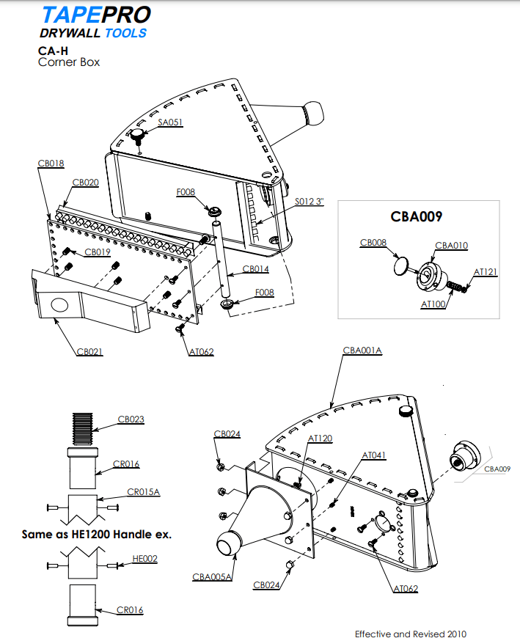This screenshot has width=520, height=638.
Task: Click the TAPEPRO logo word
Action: (x=96, y=15)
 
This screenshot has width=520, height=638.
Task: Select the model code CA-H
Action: (x=53, y=51)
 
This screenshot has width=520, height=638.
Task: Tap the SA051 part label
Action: (x=170, y=122)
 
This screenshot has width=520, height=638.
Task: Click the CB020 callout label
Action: (x=85, y=182)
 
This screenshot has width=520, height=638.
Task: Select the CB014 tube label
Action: (x=255, y=269)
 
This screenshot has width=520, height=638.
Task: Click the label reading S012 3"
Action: (x=309, y=201)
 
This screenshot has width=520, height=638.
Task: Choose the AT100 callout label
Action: (x=433, y=304)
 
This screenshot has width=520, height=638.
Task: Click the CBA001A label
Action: (x=362, y=351)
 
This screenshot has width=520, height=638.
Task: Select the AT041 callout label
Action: (x=373, y=455)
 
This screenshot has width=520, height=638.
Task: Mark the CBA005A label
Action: (x=213, y=577)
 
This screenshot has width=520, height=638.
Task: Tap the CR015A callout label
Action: (x=143, y=492)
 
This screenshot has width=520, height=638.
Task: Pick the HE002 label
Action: (x=145, y=558)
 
